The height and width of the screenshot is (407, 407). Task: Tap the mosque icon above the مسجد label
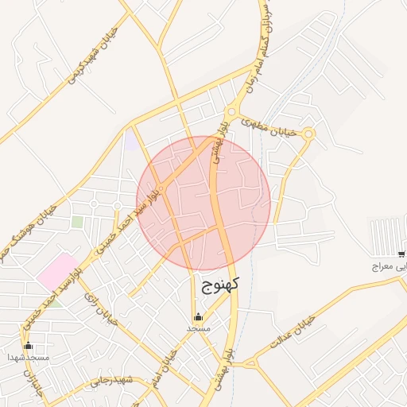point(198,317)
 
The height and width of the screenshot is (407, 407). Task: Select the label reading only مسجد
point(198,328)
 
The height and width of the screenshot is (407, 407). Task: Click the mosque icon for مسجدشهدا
point(29,346)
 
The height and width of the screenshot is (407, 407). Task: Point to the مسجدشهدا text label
point(29,358)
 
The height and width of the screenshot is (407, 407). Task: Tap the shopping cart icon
point(401,254)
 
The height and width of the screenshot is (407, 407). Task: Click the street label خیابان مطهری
point(274,128)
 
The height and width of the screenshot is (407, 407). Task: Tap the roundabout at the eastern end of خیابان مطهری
point(308,134)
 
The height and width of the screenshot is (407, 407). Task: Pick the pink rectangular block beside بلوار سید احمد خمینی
point(59,272)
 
